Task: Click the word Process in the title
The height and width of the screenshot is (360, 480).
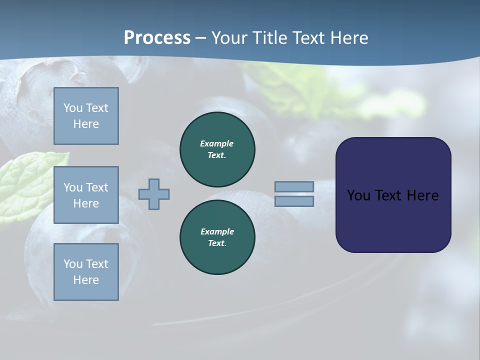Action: (157, 38)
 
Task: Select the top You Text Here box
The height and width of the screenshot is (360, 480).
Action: (86, 116)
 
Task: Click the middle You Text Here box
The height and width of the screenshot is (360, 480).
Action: (86, 195)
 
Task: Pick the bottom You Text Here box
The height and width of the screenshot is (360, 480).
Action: (86, 272)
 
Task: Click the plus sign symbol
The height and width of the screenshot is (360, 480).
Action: (154, 194)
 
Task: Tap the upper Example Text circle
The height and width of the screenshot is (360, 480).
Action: (217, 149)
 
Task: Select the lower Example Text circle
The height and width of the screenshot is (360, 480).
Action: (217, 237)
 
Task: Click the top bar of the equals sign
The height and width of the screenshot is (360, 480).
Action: (294, 186)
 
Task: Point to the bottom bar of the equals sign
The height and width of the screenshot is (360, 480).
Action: (294, 201)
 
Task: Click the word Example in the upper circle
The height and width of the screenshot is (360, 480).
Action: (217, 143)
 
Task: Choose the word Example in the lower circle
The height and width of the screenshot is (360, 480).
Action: (217, 231)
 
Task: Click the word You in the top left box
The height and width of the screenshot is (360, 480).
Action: (73, 108)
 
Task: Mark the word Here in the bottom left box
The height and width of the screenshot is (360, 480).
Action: (86, 280)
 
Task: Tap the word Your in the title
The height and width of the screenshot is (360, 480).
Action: (228, 38)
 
